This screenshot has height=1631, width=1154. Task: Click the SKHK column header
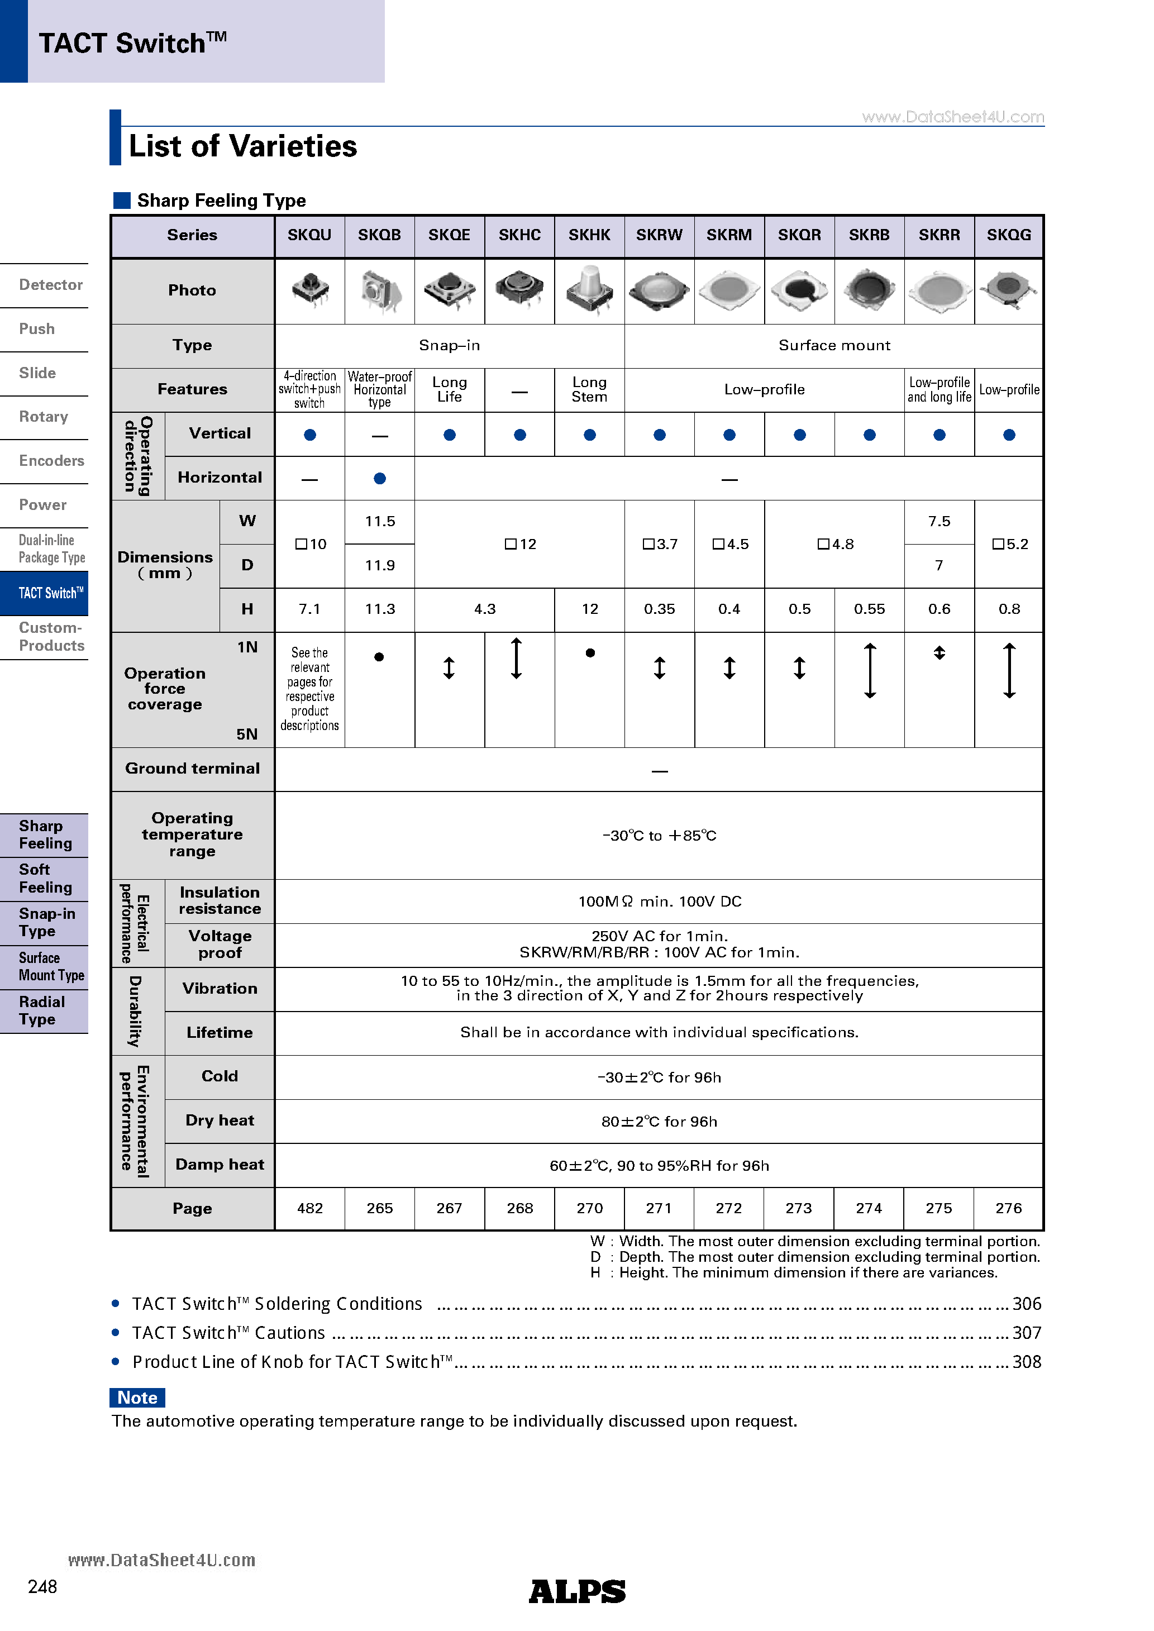point(589,235)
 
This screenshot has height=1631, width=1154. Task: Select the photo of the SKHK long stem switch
point(589,290)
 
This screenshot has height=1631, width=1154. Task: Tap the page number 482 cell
point(310,1208)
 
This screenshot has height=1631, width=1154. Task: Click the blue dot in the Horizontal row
point(379,479)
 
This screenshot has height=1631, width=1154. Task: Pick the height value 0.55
point(869,609)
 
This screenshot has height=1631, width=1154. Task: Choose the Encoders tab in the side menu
point(51,461)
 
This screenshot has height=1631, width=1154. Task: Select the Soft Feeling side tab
point(45,879)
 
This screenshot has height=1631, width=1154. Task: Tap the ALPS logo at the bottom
point(577,1592)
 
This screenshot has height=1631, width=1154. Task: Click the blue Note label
point(137,1398)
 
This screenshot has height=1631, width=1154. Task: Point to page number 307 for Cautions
point(1026,1333)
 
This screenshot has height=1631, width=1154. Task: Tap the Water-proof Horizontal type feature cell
point(379,389)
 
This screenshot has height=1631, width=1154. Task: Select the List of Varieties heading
point(242,146)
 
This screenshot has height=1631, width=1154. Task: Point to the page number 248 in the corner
point(42,1587)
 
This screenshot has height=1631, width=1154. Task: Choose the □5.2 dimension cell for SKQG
point(1009,544)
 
